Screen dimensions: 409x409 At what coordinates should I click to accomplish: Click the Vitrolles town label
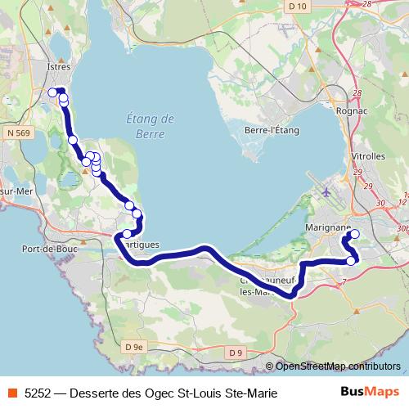367,155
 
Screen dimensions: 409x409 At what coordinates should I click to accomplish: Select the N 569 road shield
20,132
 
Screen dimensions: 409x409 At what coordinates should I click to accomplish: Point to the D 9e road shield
133,348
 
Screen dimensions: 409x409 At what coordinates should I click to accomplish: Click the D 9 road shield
236,352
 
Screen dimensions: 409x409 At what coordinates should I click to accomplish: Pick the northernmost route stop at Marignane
354,235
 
